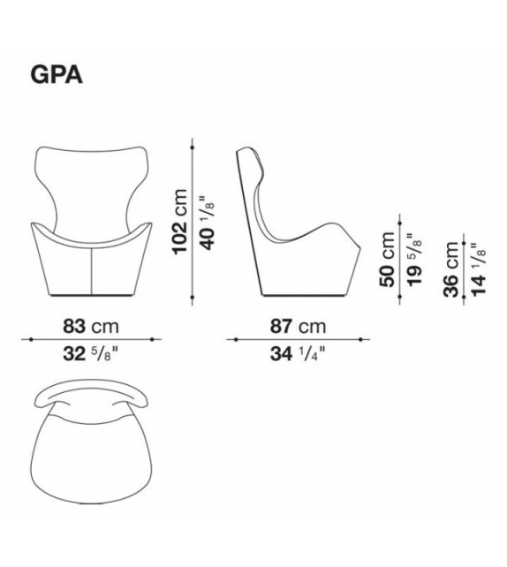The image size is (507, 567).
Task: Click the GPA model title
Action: (x=57, y=75)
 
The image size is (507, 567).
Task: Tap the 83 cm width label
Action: (x=91, y=326)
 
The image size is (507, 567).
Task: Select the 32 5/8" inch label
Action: (x=91, y=353)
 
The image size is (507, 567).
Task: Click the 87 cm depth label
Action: (x=298, y=326)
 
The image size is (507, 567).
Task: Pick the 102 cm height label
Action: (x=179, y=222)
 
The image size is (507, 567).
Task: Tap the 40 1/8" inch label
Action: (x=208, y=223)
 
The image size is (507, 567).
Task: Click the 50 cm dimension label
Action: (x=387, y=260)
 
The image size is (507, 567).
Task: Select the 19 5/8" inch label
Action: (x=414, y=261)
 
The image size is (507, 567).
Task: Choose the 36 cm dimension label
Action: (x=451, y=269)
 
